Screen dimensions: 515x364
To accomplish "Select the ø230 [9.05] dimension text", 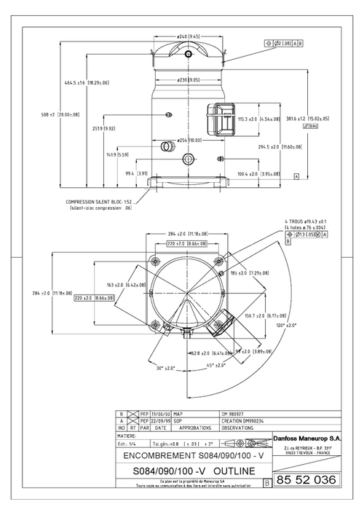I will click(x=189, y=79).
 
